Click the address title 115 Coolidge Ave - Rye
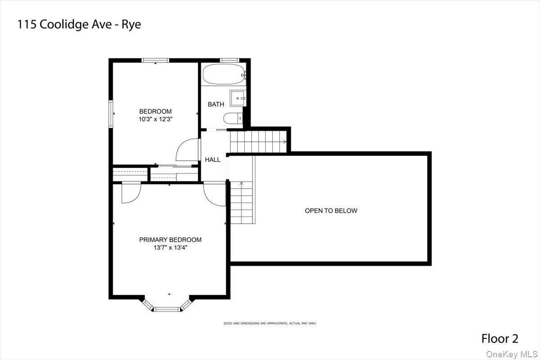coord(79,24)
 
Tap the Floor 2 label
coord(500,338)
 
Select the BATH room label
coord(216,104)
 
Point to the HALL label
coord(213,160)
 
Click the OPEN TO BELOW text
coord(331,211)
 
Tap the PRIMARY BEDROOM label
coord(170,240)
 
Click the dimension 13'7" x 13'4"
coord(170,247)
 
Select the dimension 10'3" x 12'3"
coord(155,119)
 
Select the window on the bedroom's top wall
coord(155,60)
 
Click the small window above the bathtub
coord(229,60)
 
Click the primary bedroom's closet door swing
coord(131,193)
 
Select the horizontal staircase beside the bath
coord(258,142)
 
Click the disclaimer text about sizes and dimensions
coord(270,323)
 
